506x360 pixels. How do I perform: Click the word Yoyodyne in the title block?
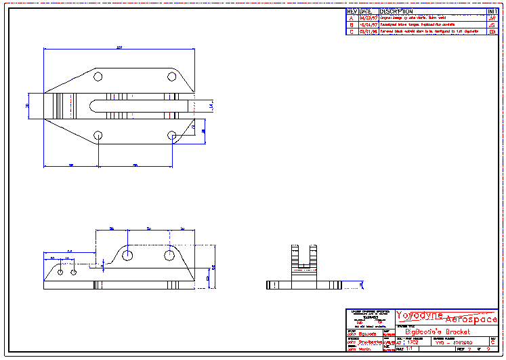(419, 316)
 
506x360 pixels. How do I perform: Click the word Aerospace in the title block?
(470, 319)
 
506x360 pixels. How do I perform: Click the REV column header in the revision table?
(352, 12)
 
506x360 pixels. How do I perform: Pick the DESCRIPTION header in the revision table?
(396, 12)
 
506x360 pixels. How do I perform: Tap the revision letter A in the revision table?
(352, 18)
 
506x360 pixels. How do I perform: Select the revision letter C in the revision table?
(352, 31)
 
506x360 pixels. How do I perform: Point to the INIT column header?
(492, 12)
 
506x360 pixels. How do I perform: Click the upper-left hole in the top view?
(98, 76)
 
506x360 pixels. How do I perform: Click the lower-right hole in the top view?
(171, 136)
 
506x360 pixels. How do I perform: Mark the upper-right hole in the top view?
(171, 76)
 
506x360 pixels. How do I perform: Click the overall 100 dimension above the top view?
(119, 47)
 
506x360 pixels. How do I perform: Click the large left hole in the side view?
(127, 255)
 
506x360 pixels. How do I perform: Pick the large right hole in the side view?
(169, 255)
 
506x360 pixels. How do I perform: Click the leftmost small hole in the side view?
(61, 271)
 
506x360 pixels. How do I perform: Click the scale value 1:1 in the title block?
(410, 348)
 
